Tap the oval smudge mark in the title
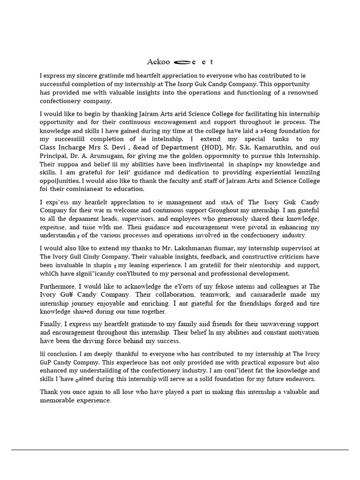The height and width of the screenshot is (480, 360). (181, 62)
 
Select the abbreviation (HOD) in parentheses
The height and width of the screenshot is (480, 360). (202, 147)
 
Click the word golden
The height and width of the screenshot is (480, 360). (204, 156)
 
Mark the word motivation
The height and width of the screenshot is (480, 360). (301, 333)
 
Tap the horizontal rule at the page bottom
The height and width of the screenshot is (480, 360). (180, 450)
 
